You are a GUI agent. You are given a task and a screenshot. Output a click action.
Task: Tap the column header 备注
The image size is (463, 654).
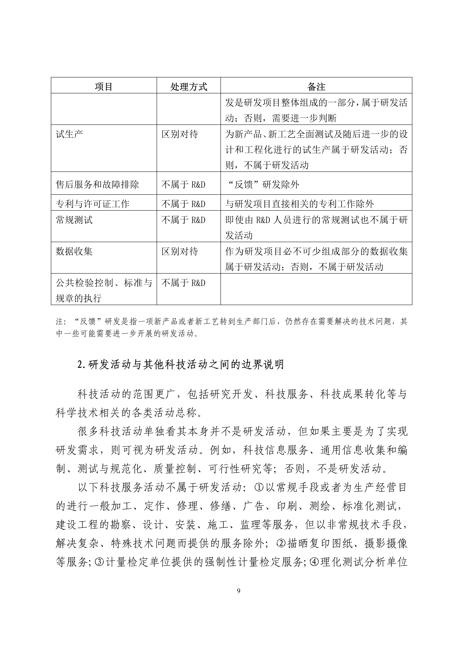pyautogui.click(x=316, y=87)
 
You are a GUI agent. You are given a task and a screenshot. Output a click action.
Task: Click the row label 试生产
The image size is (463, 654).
pyautogui.click(x=69, y=134)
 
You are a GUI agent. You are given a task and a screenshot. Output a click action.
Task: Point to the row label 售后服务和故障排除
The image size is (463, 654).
pyautogui.click(x=97, y=185)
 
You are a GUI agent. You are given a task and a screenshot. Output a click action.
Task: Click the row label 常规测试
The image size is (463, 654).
pyautogui.click(x=74, y=220)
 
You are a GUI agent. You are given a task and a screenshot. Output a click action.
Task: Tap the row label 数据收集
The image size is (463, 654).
pyautogui.click(x=74, y=251)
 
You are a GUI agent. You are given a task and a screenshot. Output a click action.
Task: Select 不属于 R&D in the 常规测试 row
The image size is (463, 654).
pyautogui.click(x=183, y=220)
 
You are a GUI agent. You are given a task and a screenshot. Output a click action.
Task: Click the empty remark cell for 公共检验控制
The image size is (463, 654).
pyautogui.click(x=316, y=289)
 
